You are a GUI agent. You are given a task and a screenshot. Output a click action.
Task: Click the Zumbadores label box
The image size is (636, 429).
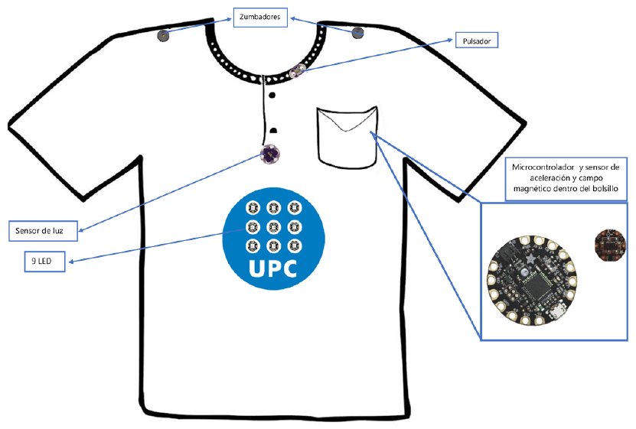[x=260, y=18]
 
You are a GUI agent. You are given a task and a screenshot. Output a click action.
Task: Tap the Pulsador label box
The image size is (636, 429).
[x=477, y=41]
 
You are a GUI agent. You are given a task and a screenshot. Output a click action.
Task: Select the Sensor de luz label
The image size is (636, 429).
[x=43, y=231]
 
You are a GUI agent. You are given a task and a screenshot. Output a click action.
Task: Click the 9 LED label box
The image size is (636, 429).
[x=44, y=262]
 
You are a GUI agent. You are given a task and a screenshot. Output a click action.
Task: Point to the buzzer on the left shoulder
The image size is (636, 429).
[x=163, y=36]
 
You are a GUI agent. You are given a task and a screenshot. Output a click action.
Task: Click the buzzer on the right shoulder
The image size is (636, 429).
[x=357, y=32]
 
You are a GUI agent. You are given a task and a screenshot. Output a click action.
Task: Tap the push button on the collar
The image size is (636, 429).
[x=296, y=71]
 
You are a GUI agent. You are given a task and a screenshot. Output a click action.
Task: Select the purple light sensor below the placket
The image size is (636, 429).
[x=269, y=154]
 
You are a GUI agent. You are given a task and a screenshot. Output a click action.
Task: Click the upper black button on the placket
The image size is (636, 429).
[x=272, y=95]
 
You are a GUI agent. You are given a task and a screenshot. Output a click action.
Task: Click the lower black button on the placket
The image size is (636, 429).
[x=273, y=131]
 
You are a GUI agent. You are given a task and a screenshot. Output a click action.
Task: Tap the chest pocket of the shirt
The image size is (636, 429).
[x=347, y=137]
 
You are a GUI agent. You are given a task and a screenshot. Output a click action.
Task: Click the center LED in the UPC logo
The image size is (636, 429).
[x=274, y=227]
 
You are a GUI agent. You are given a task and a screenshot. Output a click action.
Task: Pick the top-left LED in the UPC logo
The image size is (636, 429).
[x=253, y=208]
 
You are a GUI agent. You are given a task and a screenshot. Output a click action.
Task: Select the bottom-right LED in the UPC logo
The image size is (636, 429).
[x=295, y=245]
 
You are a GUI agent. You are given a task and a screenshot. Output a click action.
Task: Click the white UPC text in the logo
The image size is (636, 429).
[x=272, y=268]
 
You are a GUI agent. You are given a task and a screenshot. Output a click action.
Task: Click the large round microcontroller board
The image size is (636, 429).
[x=532, y=281]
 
